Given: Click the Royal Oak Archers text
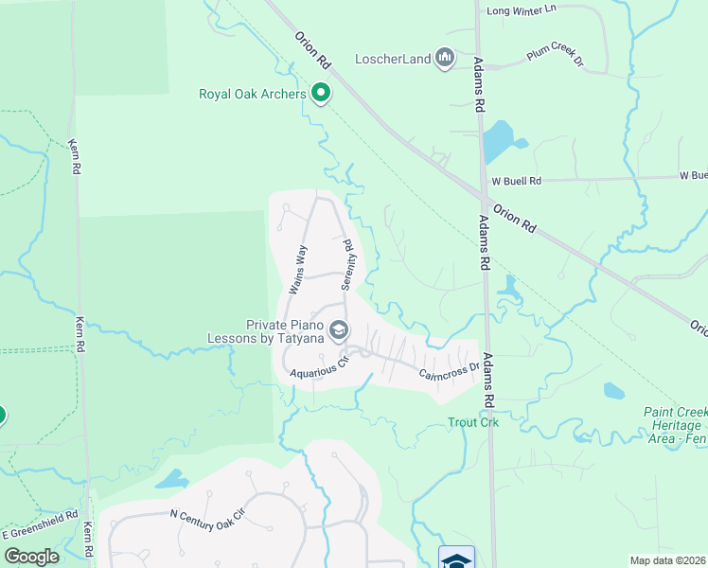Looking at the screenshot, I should pos(252,94).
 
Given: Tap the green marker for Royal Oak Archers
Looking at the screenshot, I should pos(321,93).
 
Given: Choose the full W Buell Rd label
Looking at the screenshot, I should pos(516,181).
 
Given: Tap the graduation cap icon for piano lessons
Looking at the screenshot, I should pos(339,330).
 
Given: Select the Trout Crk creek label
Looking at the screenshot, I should pos(473,423).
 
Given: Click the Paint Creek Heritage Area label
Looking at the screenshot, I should pos(675,426).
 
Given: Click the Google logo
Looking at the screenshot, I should pos(31,557).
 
